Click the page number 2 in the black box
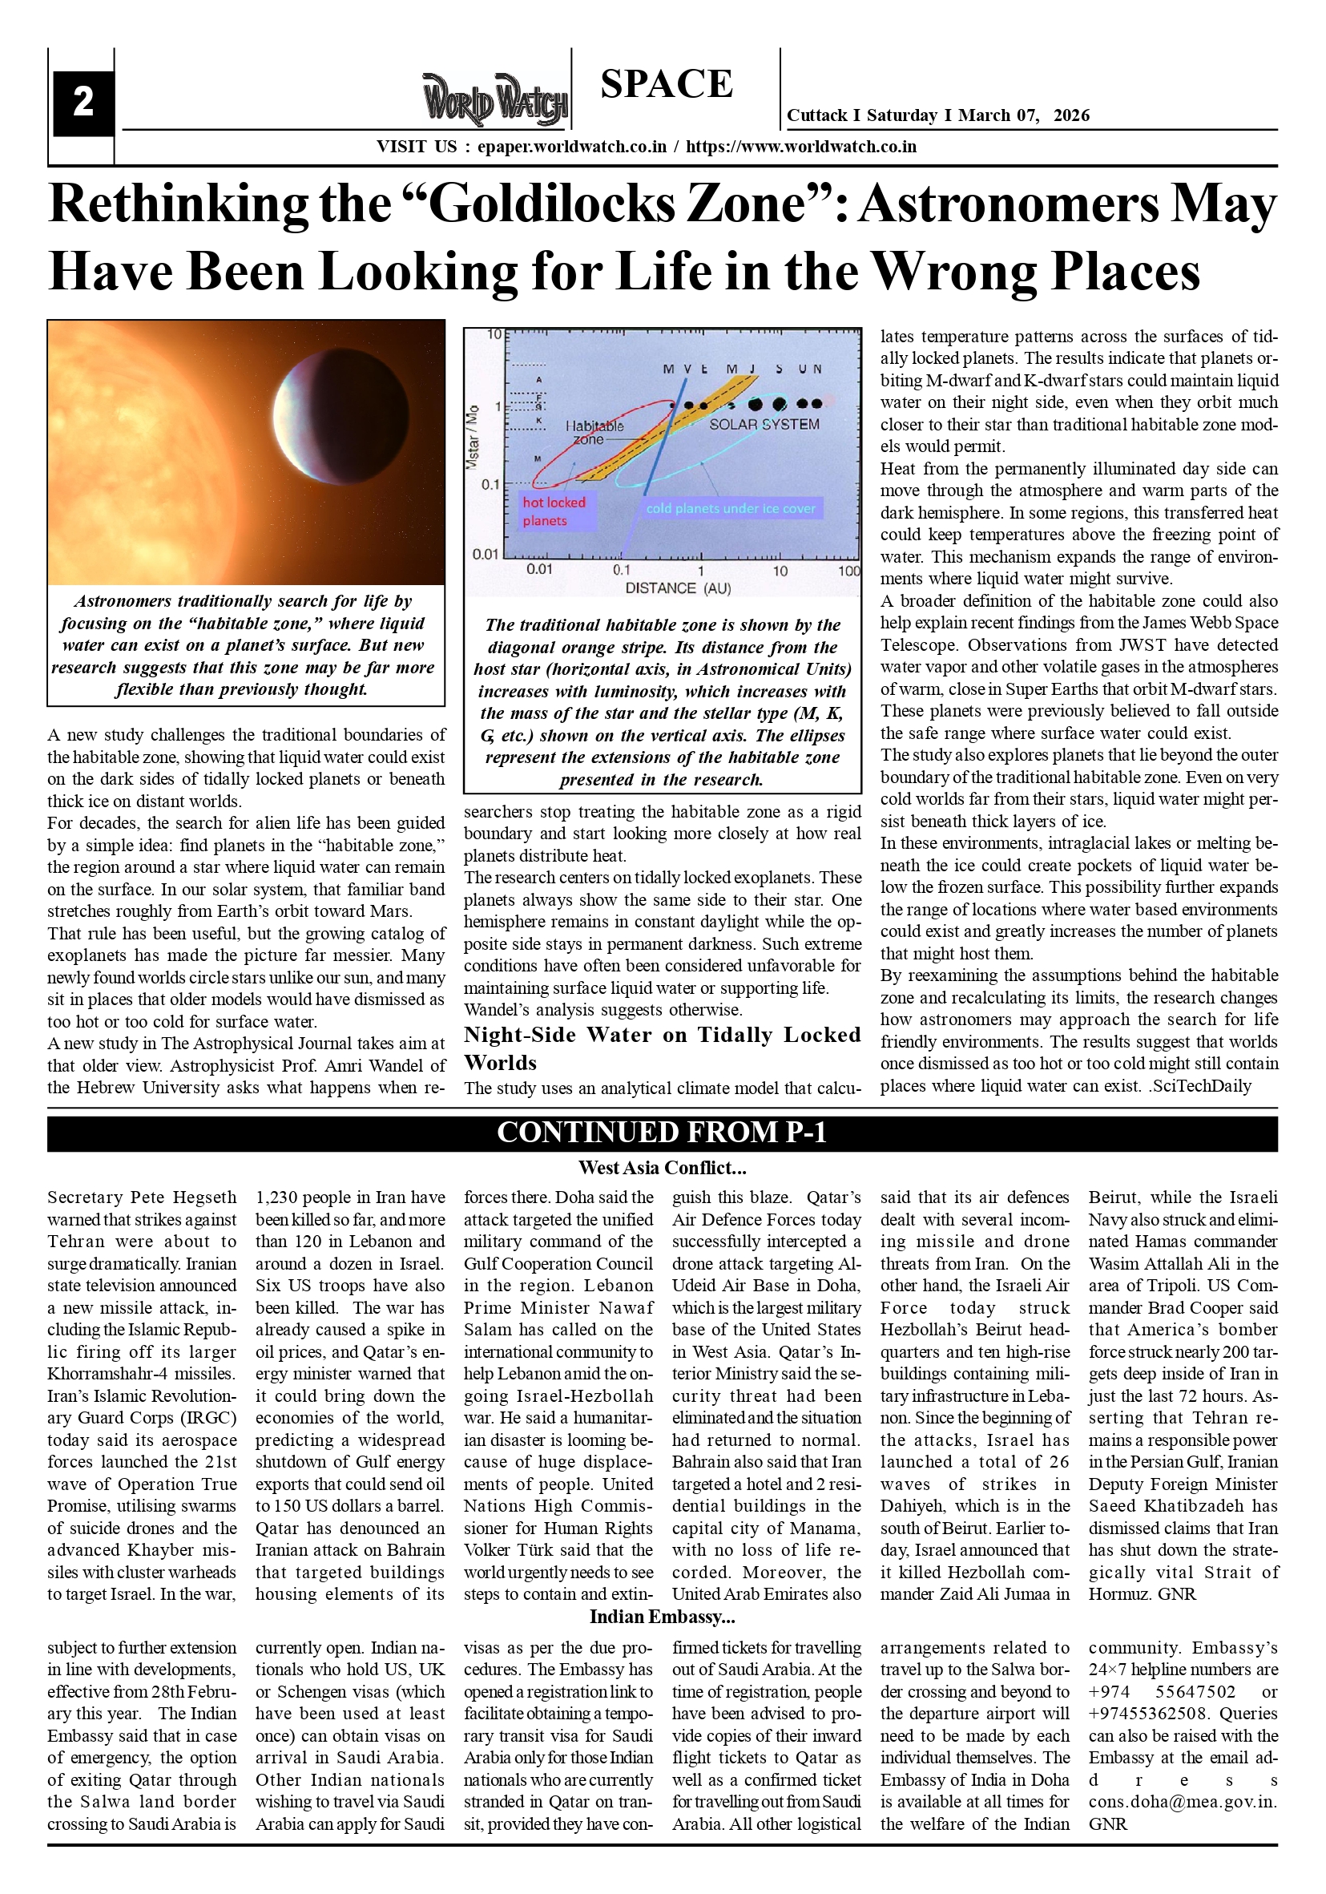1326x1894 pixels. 83,103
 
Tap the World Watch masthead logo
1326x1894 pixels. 495,100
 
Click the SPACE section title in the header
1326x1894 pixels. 667,84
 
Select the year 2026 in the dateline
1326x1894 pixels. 1071,115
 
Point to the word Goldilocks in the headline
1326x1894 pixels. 616,203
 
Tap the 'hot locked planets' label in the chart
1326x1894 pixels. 554,511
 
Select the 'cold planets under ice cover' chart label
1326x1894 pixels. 731,508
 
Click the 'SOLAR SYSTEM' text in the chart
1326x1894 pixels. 764,424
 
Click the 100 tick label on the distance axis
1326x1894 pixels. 848,571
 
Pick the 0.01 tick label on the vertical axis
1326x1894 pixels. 485,554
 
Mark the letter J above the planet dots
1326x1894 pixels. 753,369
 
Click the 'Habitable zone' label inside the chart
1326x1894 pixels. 594,432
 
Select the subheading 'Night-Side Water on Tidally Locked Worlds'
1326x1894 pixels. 662,1048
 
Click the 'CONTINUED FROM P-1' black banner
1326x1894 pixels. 662,1133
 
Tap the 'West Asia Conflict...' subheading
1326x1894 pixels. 662,1167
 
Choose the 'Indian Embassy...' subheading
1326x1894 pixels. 662,1616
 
